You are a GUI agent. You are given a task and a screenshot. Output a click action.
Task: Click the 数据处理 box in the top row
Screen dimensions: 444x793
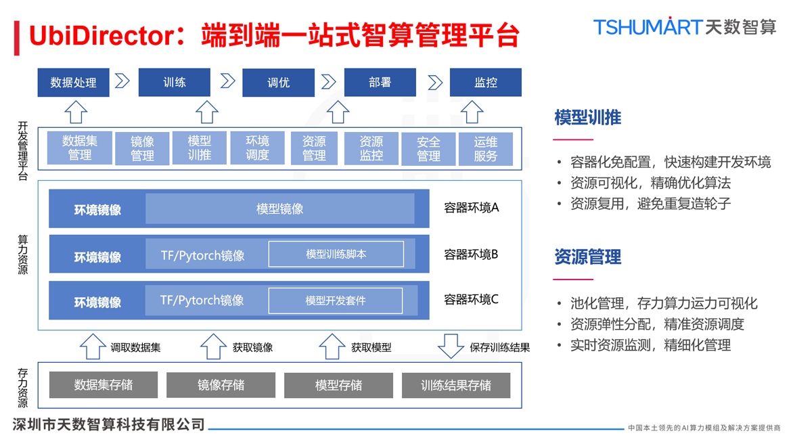pyautogui.click(x=73, y=83)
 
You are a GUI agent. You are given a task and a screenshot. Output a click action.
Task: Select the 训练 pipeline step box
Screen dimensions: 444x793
pyautogui.click(x=174, y=83)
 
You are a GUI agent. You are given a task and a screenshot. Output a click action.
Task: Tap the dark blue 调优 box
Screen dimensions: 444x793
pyautogui.click(x=278, y=83)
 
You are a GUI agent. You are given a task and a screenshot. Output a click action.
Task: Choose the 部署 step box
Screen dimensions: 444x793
pyautogui.click(x=380, y=83)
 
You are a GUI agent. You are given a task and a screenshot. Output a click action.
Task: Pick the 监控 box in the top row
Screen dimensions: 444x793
pyautogui.click(x=485, y=83)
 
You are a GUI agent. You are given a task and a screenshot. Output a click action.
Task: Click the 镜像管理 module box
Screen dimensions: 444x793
pyautogui.click(x=142, y=148)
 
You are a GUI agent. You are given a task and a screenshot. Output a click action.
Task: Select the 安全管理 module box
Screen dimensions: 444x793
pyautogui.click(x=428, y=148)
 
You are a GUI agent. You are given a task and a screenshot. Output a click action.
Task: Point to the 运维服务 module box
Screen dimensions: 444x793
pyautogui.click(x=485, y=148)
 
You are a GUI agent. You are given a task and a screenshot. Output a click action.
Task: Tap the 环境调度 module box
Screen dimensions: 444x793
pyautogui.click(x=257, y=148)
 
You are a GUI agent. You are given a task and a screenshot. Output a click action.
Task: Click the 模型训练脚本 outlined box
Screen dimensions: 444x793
pyautogui.click(x=336, y=254)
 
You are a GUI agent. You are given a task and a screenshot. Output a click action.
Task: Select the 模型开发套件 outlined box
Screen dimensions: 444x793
pyautogui.click(x=335, y=301)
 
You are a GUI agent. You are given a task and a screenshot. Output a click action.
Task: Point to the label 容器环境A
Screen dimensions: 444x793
pyautogui.click(x=471, y=208)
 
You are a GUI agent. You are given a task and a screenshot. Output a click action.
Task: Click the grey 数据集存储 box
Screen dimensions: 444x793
pyautogui.click(x=104, y=385)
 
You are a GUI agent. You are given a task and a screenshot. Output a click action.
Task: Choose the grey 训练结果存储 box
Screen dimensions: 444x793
pyautogui.click(x=455, y=385)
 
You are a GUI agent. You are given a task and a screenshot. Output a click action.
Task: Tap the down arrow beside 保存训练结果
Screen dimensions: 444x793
pyautogui.click(x=451, y=346)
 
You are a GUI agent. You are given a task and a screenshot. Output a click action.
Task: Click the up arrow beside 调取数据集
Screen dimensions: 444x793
pyautogui.click(x=93, y=346)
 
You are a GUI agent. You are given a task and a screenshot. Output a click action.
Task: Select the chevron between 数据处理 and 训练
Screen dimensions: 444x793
pyautogui.click(x=122, y=81)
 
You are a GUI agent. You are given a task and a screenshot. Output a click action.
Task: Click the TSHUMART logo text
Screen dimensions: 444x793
pyautogui.click(x=647, y=27)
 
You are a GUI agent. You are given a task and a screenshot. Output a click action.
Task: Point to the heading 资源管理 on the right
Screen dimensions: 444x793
pyautogui.click(x=587, y=257)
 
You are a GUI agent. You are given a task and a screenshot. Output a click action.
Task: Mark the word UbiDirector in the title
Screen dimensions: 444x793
pyautogui.click(x=101, y=35)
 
